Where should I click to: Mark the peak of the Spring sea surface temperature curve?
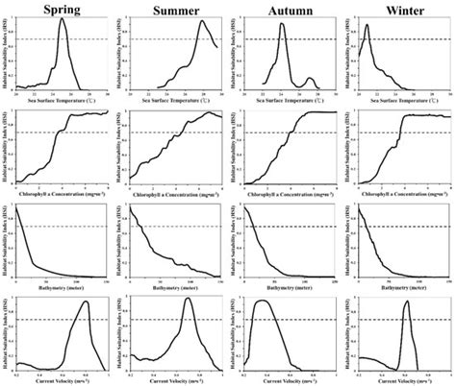tap(63, 19)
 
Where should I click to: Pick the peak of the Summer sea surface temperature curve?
tap(203, 22)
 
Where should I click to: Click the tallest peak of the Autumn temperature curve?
tap(282, 24)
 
